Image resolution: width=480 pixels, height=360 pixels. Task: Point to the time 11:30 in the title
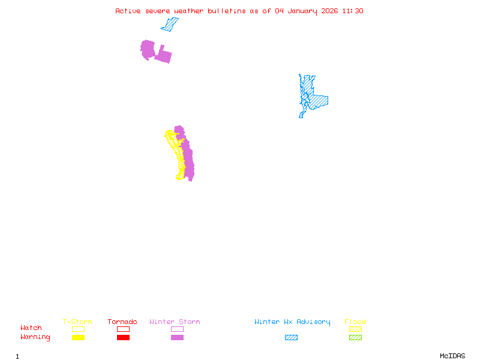click(353, 11)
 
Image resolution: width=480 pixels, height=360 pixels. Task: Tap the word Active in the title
click(128, 11)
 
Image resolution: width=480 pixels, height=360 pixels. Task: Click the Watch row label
click(31, 328)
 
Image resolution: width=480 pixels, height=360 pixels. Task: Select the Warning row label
click(35, 337)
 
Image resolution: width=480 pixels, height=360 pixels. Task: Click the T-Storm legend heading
click(77, 322)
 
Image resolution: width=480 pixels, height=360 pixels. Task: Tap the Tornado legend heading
click(122, 322)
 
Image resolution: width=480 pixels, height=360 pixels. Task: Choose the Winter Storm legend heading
click(175, 322)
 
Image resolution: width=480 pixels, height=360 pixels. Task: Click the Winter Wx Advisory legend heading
click(292, 322)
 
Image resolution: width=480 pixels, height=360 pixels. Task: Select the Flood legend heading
click(355, 322)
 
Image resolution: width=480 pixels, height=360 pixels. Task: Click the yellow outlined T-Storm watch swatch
click(78, 329)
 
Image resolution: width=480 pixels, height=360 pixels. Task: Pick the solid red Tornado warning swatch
click(123, 338)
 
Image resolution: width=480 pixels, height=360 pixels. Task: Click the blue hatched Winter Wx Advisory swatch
click(291, 338)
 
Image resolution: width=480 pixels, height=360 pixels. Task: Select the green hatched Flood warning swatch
click(355, 338)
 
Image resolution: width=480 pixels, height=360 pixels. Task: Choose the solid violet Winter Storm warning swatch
click(177, 338)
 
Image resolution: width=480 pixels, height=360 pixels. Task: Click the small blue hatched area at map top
click(170, 25)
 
